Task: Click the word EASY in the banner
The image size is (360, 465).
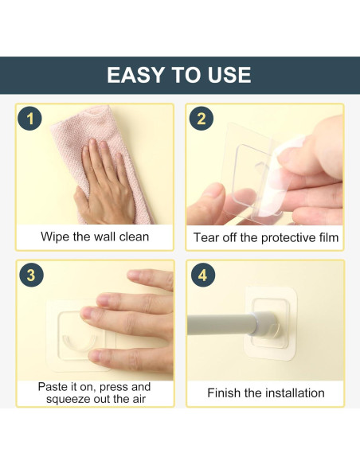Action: (135, 75)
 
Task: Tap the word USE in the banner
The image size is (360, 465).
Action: (229, 75)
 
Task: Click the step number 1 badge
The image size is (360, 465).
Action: (29, 119)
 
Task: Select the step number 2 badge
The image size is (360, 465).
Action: (202, 119)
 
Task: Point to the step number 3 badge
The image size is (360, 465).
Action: (31, 275)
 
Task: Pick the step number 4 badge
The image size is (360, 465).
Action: (203, 275)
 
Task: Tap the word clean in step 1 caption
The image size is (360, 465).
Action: (134, 237)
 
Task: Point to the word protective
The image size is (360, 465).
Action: (288, 238)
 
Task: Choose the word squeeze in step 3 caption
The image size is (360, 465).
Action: (68, 399)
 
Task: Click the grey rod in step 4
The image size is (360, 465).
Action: (221, 325)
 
